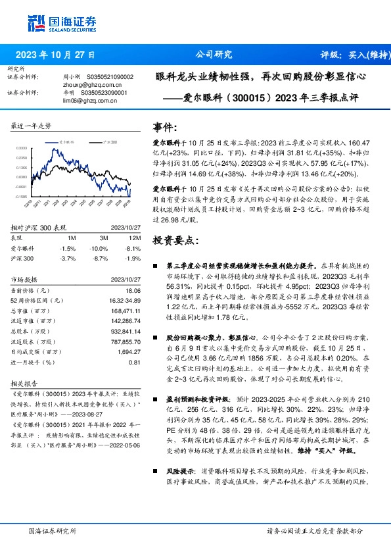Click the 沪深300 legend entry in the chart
pyautogui.click(x=111, y=141)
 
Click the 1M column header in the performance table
pyautogui.click(x=72, y=238)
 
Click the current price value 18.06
pyautogui.click(x=133, y=290)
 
